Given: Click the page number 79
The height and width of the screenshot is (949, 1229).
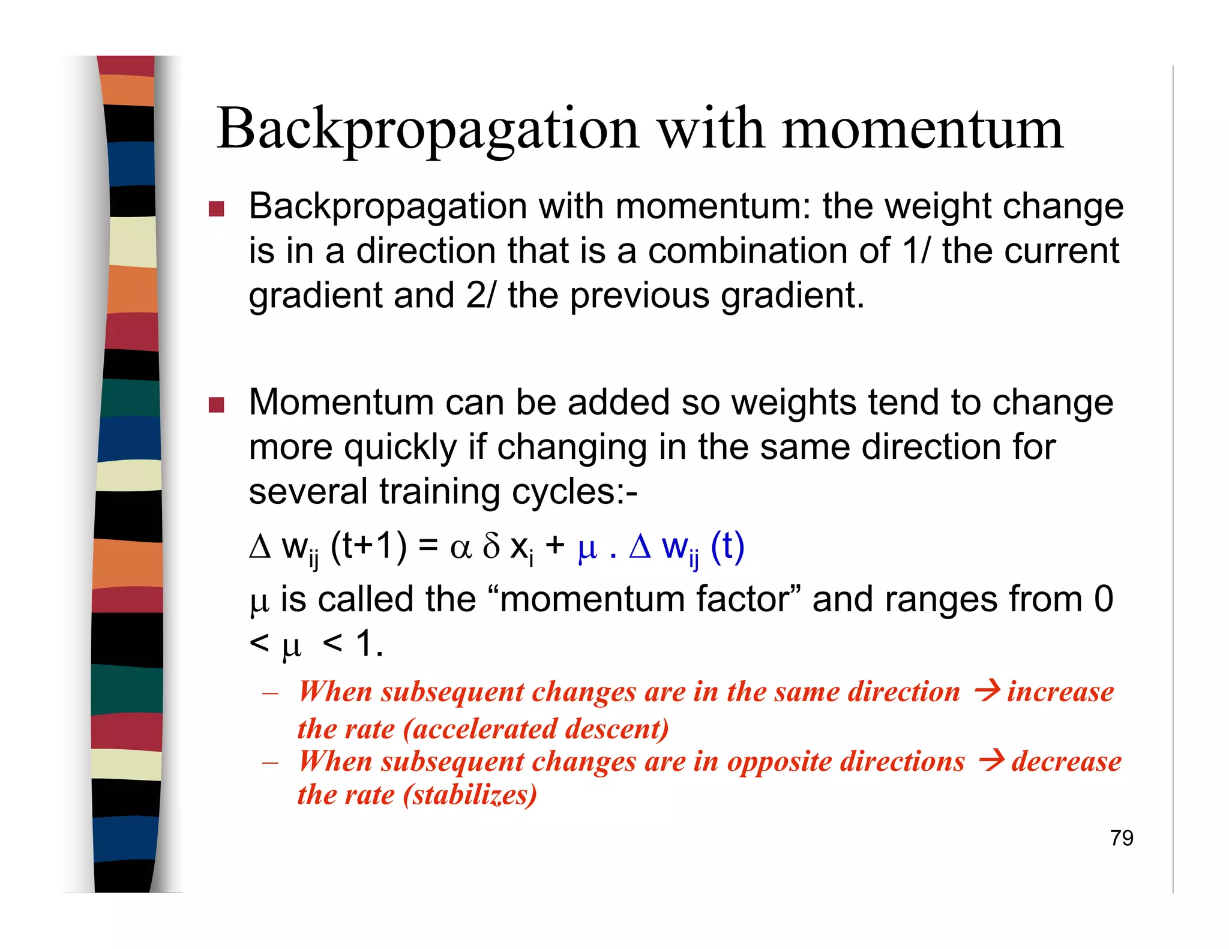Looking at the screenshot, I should coord(1121,838).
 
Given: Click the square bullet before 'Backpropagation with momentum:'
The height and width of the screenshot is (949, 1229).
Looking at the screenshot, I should coord(216,209).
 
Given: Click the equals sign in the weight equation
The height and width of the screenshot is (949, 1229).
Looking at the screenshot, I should coord(428,546).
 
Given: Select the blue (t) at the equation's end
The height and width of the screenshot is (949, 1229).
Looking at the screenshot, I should coord(727,546).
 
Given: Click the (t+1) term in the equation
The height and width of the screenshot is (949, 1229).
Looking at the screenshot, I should coord(368,546).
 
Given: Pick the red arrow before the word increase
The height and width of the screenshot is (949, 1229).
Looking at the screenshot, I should coord(987,690).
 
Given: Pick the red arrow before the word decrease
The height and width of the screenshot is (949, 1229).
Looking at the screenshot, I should coord(991,761).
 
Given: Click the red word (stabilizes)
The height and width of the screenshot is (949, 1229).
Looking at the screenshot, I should coord(470,795).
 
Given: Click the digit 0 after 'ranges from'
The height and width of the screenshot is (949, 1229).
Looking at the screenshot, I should coord(1103,599).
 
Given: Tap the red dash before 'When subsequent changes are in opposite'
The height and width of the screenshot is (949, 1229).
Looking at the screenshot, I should coord(270,763).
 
